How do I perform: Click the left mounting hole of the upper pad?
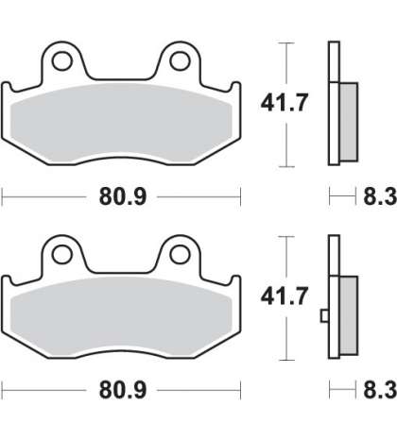62,61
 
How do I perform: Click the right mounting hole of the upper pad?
180,61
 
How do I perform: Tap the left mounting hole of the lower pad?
62,254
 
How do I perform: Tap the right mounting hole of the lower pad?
180,254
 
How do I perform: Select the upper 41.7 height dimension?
284,103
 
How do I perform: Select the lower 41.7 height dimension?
284,296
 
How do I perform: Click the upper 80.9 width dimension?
123,196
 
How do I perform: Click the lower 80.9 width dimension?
123,390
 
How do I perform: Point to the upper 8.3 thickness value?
380,196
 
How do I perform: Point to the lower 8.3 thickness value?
380,390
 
